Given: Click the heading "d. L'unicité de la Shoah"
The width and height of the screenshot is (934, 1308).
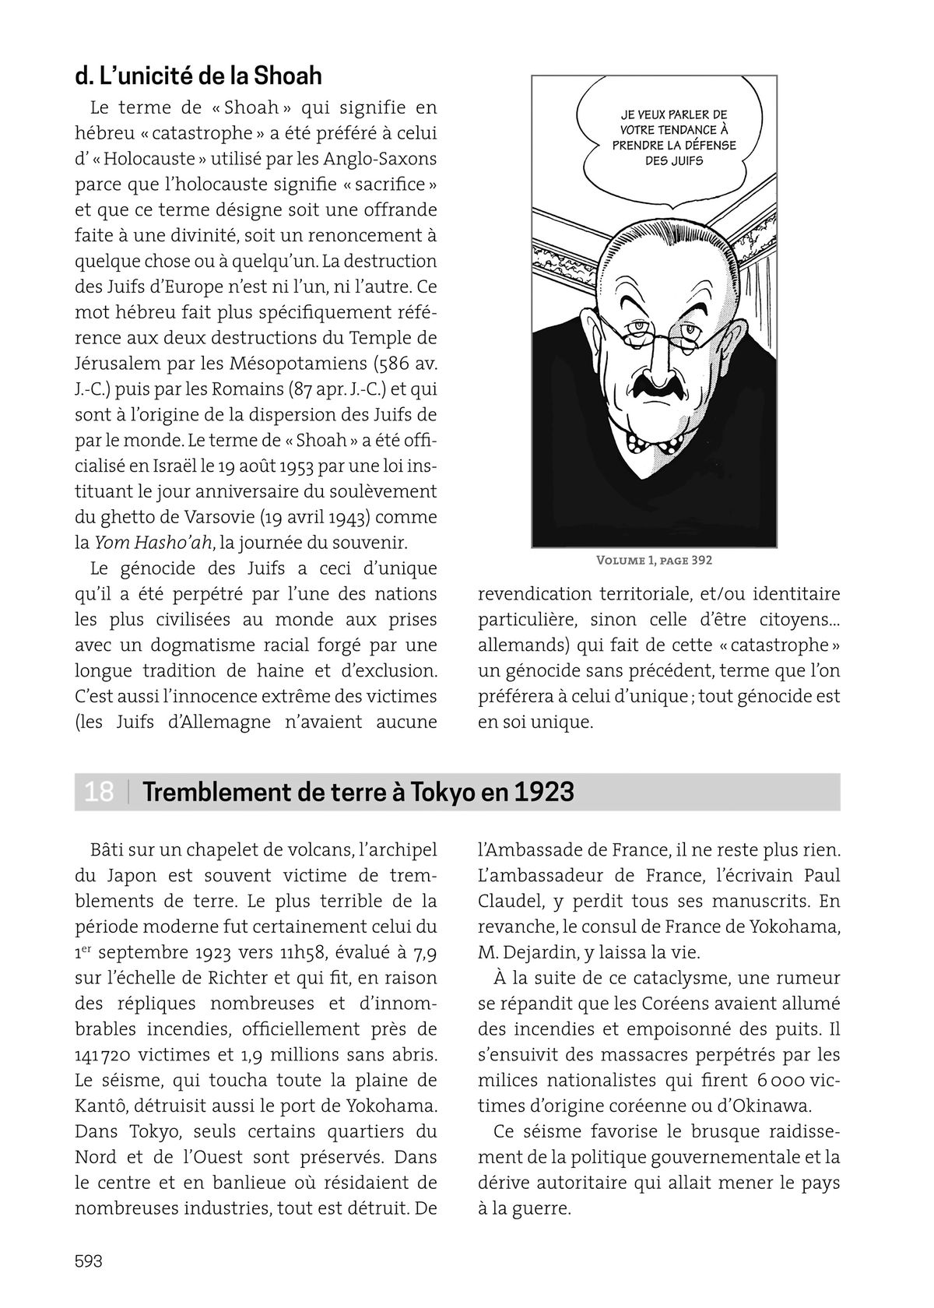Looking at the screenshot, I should pos(198,76).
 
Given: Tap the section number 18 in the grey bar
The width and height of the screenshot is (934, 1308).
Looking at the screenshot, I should pos(99,792).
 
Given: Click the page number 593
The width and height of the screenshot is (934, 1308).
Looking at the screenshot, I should pos(89,1261).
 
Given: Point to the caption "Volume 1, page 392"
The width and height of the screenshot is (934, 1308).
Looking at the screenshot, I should pos(654,561).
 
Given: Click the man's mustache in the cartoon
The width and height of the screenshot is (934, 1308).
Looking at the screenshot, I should pos(656,385).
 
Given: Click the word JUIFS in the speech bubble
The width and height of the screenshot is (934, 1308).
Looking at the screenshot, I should pos(685,161).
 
